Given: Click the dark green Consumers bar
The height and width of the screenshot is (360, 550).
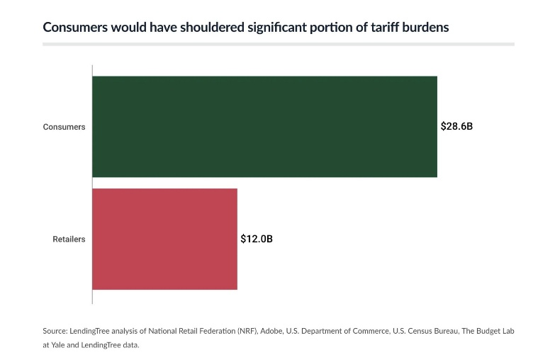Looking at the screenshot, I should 264,126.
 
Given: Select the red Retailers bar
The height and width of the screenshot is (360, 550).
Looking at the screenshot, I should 164,239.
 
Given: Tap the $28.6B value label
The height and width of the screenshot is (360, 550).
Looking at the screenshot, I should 456,127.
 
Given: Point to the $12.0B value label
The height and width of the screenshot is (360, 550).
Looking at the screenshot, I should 257,240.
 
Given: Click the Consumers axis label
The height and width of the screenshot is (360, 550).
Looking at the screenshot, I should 64,127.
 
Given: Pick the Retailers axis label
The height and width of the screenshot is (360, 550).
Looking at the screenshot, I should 69,240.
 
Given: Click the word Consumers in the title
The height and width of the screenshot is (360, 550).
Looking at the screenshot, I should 75,28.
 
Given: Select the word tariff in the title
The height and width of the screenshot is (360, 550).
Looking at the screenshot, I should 378,28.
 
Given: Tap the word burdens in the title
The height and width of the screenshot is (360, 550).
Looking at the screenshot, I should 422,28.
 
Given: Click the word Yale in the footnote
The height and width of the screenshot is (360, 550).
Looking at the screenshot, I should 60,345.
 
